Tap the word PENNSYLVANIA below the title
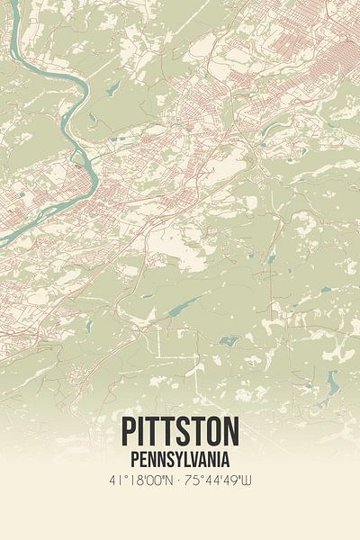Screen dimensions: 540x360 179,460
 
